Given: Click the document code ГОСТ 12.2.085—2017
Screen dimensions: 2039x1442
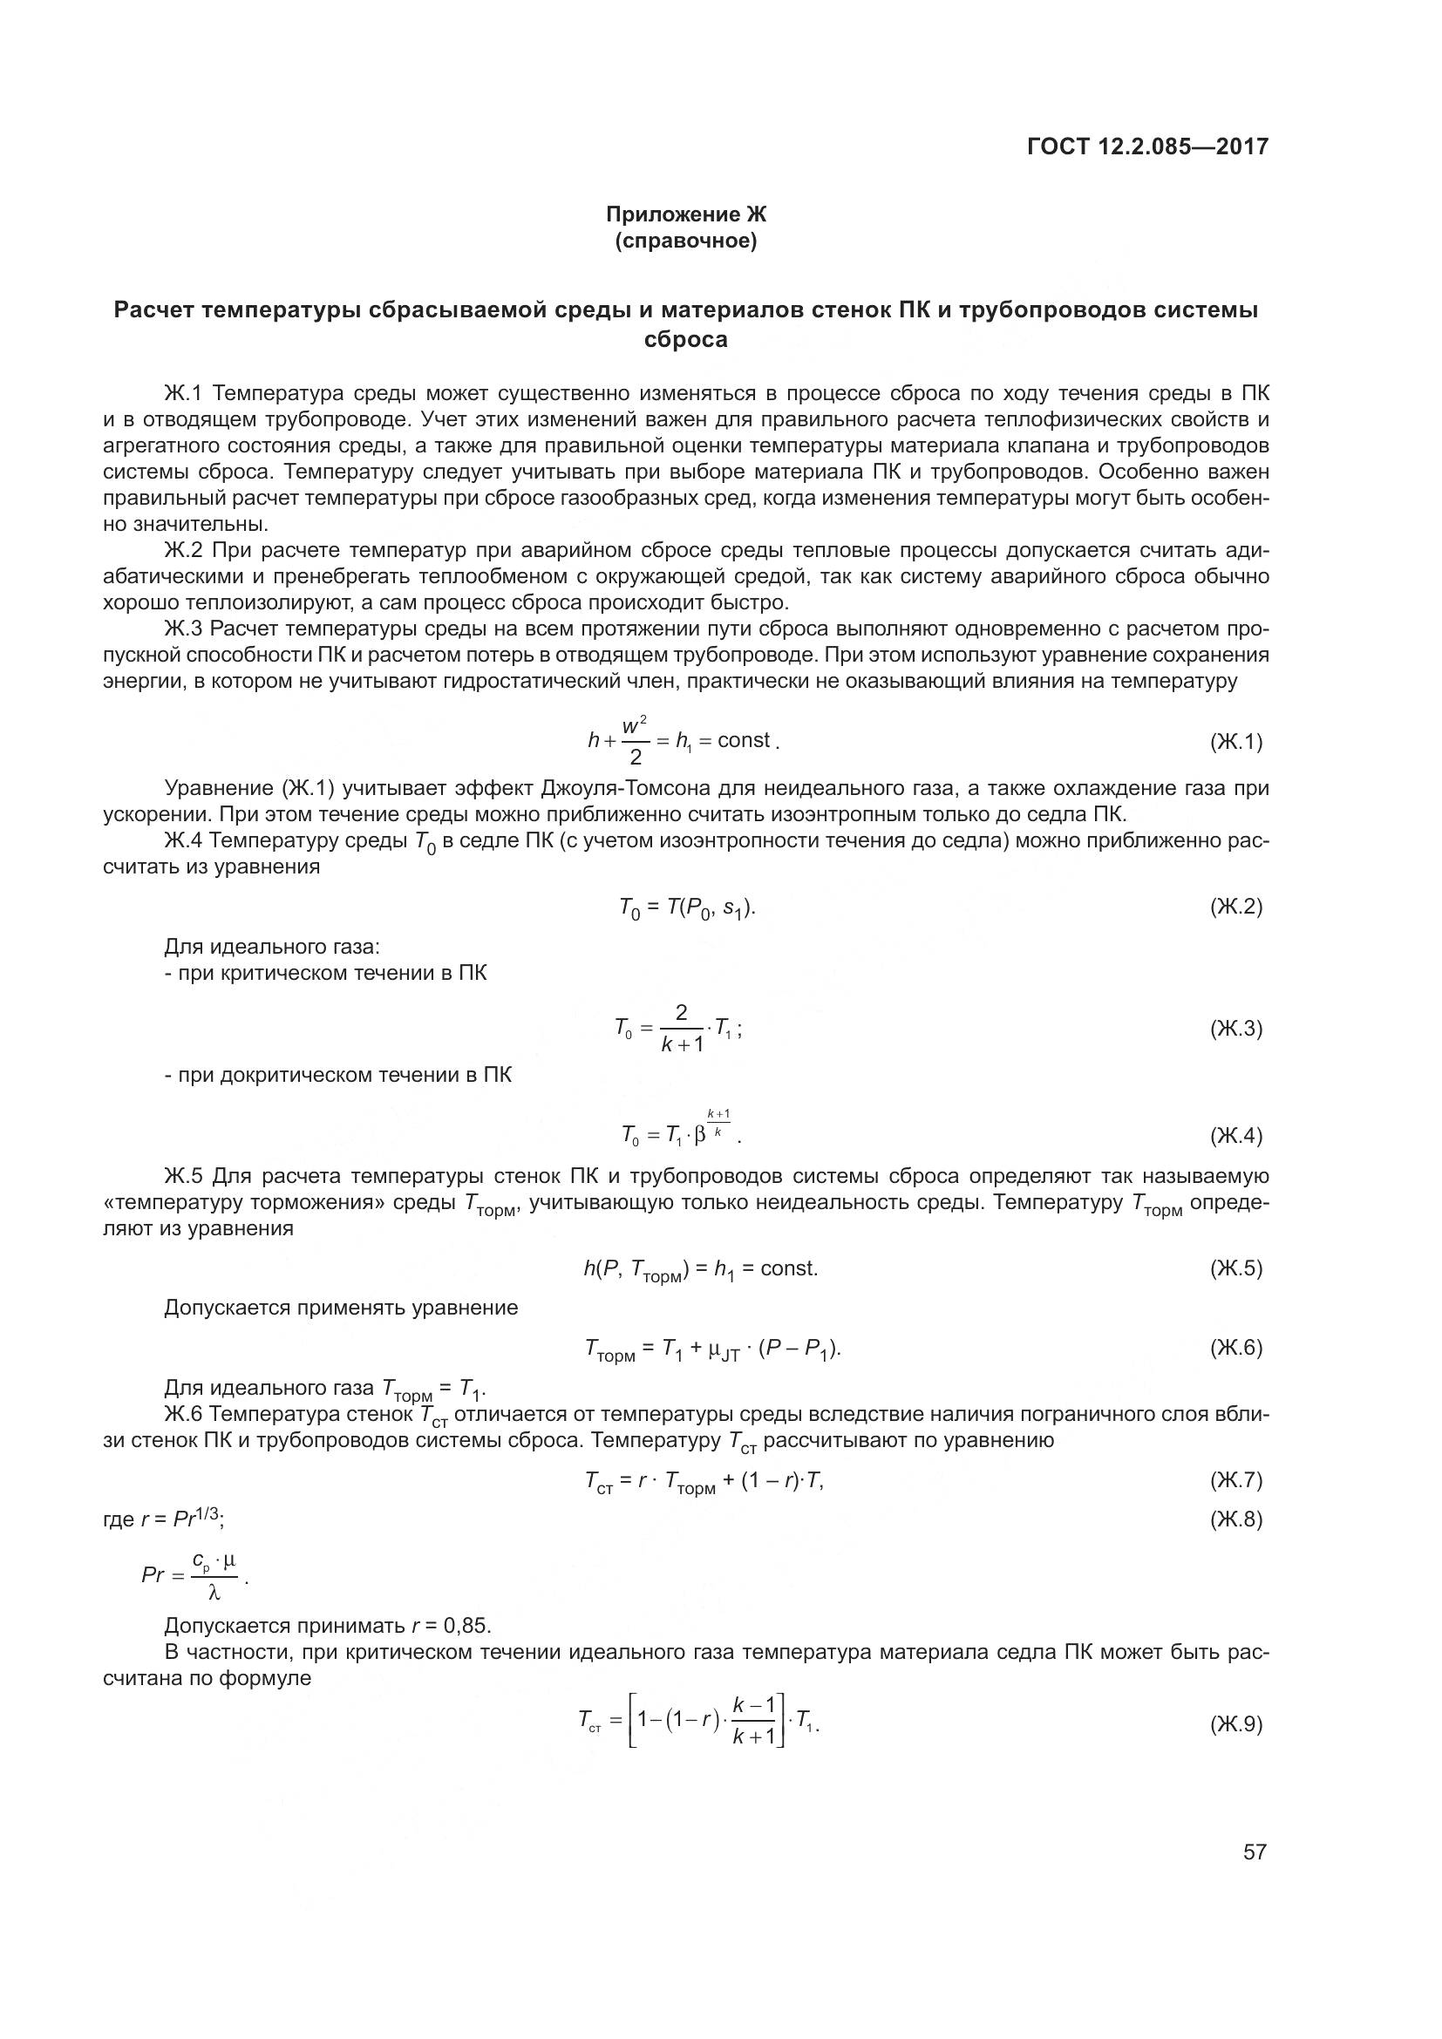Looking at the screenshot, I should point(1147,146).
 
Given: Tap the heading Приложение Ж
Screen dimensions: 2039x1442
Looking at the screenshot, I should point(685,214).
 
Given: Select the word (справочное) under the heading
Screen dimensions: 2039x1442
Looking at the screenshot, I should point(685,241).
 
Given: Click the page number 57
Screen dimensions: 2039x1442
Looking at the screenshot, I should point(1254,1852).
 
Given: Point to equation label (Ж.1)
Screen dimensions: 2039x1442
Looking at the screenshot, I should point(1235,742).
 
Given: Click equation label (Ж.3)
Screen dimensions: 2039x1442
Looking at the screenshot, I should point(1235,1029).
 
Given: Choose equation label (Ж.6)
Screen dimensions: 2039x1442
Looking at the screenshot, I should point(1235,1347).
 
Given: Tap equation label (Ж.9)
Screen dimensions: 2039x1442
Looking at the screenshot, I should point(1235,1723).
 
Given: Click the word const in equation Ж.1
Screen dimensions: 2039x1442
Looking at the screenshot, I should point(743,741).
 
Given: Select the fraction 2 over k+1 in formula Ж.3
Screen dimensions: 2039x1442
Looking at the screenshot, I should point(681,1029).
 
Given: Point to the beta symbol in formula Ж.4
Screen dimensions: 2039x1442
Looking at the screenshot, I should point(700,1135).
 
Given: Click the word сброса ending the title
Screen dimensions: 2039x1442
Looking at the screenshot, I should point(685,340).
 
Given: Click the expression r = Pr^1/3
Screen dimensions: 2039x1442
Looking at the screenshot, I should point(182,1519).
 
